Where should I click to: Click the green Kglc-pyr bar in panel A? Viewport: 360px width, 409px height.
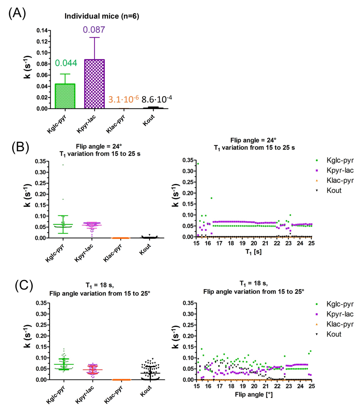point(65,96)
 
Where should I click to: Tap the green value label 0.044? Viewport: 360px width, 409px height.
point(66,63)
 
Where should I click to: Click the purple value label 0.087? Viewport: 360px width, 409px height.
point(94,29)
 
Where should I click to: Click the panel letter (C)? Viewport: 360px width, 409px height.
point(24,285)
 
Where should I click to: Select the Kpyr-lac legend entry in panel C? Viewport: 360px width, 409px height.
point(335,314)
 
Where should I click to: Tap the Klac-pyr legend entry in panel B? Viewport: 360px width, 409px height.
point(335,181)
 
